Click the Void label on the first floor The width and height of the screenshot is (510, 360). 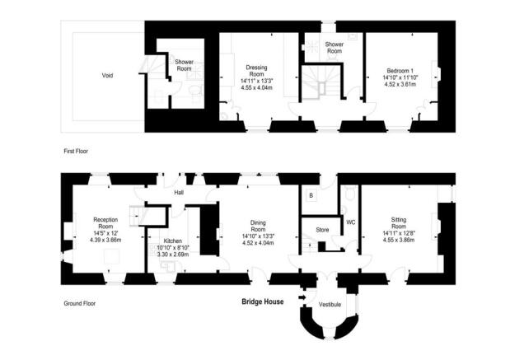(107, 76)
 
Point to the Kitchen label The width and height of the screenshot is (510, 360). (172, 241)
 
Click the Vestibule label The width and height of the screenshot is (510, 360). (330, 304)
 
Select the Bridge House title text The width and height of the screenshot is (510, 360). (262, 302)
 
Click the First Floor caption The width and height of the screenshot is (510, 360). (76, 152)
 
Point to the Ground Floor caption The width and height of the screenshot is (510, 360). (79, 303)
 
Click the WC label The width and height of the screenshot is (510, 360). (349, 222)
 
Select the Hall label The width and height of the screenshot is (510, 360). (178, 194)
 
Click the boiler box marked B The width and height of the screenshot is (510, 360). (311, 196)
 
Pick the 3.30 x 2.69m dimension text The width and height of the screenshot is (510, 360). (172, 255)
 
